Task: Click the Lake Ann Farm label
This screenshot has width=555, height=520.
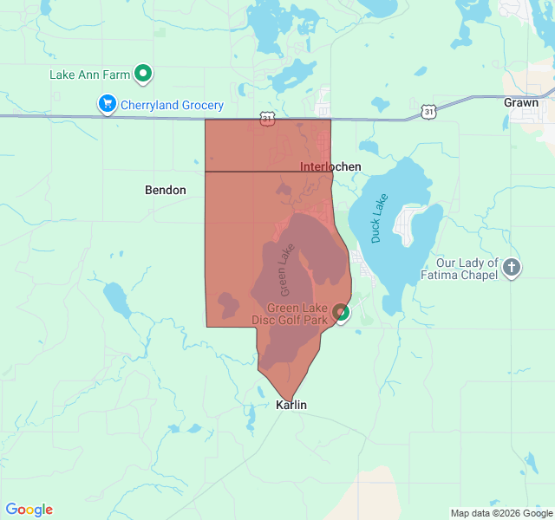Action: point(89,75)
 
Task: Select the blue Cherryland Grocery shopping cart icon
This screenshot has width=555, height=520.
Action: point(108,105)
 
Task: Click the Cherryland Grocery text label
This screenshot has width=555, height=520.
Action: point(172,106)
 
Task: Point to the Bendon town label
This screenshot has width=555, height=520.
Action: point(165,190)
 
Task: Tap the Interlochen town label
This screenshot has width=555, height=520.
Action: point(330,166)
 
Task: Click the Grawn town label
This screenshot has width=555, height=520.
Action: point(520,102)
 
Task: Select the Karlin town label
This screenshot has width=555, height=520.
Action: point(291,405)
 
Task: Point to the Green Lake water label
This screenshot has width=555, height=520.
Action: point(287,268)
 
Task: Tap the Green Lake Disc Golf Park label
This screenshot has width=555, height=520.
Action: point(297,314)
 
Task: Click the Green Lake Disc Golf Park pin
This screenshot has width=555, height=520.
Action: point(342,312)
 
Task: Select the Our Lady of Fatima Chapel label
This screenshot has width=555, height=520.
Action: point(467,269)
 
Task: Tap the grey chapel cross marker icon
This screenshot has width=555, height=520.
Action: point(512,267)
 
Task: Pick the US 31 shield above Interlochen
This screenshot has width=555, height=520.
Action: point(267,120)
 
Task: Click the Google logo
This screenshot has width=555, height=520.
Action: point(29,510)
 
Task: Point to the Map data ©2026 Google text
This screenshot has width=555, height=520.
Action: point(500,513)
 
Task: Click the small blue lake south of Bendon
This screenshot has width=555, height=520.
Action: point(116,299)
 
